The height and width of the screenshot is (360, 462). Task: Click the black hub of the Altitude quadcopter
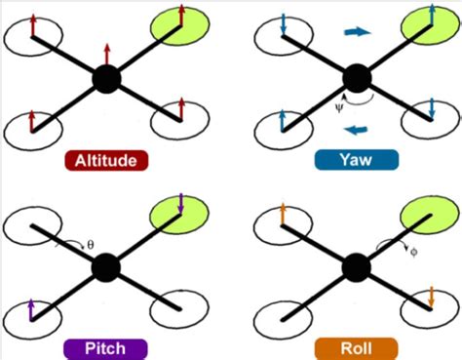pyautogui.click(x=106, y=79)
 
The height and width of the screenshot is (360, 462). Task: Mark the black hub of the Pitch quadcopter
pyautogui.click(x=106, y=266)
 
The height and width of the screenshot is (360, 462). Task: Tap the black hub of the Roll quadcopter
pyautogui.click(x=357, y=266)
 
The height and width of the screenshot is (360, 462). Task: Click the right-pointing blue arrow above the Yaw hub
pyautogui.click(x=358, y=32)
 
